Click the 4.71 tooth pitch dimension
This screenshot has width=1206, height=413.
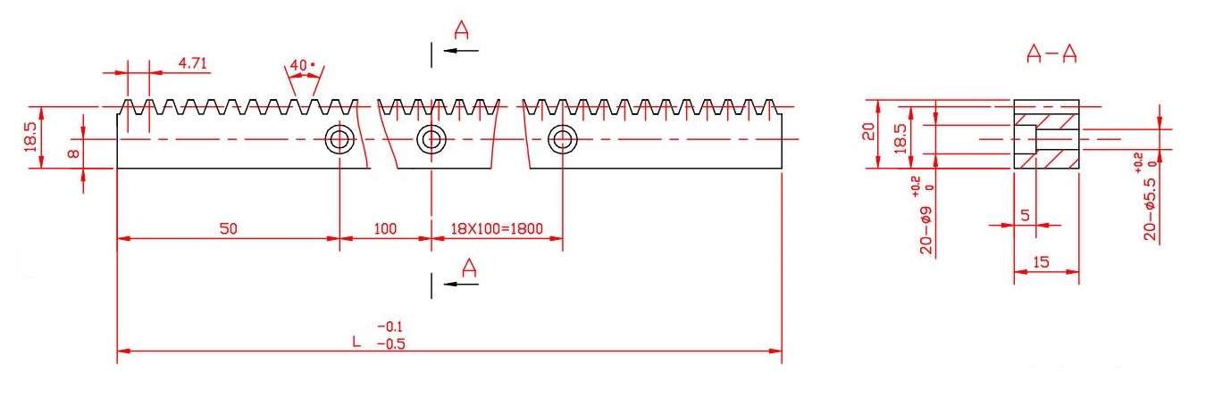coord(194,63)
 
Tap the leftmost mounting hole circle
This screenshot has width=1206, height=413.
coord(339,139)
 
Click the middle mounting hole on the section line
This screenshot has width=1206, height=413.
coord(431,139)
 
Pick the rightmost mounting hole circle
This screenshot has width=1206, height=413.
coord(562,139)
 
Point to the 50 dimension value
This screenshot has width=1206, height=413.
coord(229,228)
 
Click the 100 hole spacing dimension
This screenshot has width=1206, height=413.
coord(385,228)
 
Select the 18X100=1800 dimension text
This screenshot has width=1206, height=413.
coord(496,228)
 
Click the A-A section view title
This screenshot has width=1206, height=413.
coord(1051,55)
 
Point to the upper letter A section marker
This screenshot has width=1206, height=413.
coord(462,31)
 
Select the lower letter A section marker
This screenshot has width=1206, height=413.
coord(469,266)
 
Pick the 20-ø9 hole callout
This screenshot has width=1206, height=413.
coord(927,223)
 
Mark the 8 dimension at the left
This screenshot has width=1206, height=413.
coord(74,153)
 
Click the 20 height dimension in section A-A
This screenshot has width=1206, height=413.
coord(865,133)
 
